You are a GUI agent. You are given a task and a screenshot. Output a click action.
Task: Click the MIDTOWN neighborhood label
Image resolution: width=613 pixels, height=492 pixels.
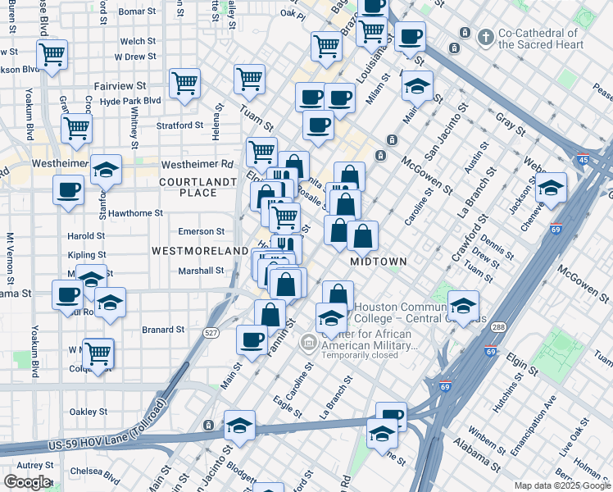(x=379, y=262)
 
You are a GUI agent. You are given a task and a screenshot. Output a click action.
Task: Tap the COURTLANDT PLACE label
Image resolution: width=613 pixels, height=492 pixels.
(x=188, y=187)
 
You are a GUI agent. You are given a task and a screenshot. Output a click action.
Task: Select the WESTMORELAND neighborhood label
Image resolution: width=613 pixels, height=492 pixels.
(x=199, y=249)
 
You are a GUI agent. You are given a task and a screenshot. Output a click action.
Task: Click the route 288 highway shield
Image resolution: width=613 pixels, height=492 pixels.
(x=497, y=327)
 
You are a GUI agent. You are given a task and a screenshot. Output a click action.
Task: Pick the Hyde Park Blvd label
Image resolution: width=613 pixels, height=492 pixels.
(x=130, y=100)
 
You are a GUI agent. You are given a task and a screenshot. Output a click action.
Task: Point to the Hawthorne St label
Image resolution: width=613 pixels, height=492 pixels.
(x=135, y=213)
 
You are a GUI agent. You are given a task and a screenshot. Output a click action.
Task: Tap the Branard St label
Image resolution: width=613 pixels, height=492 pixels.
(x=163, y=330)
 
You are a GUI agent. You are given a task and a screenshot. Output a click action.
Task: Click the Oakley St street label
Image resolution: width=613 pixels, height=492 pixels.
(x=89, y=412)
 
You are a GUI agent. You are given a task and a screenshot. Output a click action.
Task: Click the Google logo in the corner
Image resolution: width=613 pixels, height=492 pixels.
(x=27, y=482)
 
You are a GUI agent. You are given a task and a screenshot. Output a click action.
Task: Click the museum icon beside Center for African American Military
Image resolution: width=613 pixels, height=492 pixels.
(x=309, y=341)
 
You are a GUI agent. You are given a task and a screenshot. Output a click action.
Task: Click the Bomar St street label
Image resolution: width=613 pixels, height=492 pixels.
(x=137, y=11)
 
